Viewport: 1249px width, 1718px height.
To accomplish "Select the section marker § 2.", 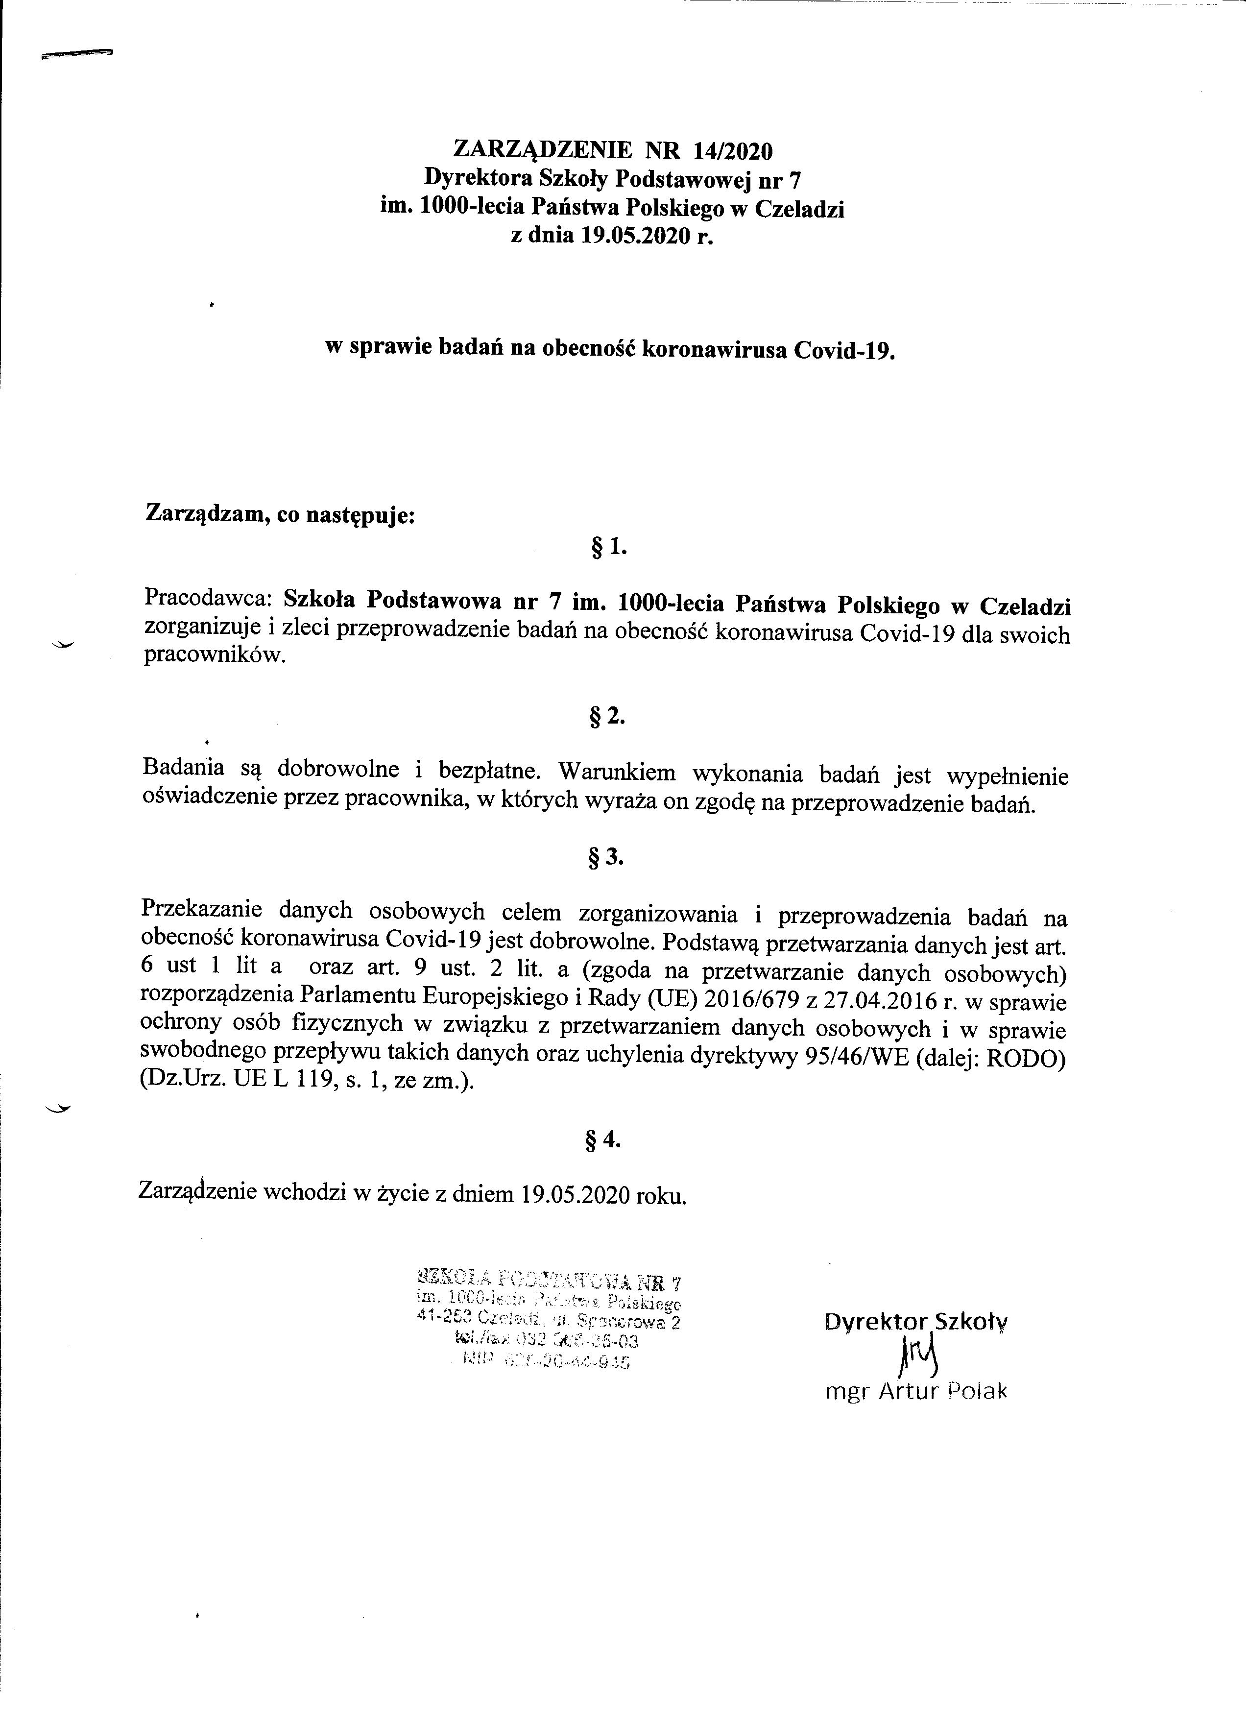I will point(609,716).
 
